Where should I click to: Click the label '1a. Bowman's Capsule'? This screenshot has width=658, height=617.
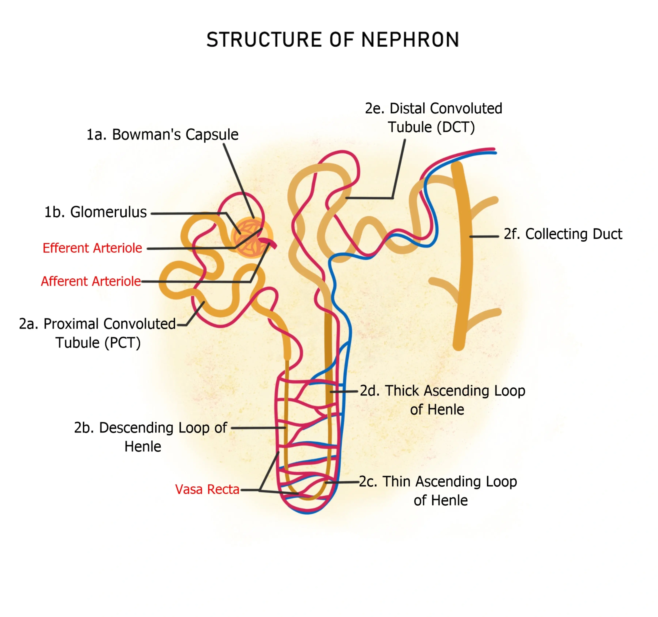tap(162, 135)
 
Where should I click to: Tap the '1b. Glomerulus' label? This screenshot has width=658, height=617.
tap(95, 212)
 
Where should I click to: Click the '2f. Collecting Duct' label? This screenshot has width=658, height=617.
tap(563, 234)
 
